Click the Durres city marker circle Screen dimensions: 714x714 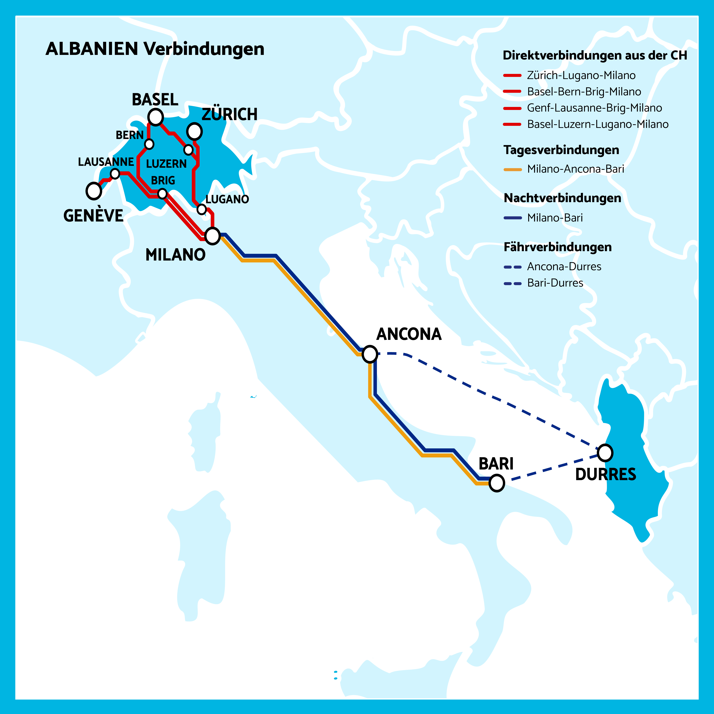pyautogui.click(x=605, y=453)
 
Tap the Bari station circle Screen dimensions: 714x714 pyautogui.click(x=497, y=483)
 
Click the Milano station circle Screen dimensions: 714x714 pyautogui.click(x=212, y=236)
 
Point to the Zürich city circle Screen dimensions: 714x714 pyautogui.click(x=194, y=131)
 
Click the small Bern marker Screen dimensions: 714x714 pyautogui.click(x=149, y=144)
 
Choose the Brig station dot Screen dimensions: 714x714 pyautogui.click(x=162, y=193)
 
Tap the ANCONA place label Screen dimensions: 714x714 pyautogui.click(x=409, y=334)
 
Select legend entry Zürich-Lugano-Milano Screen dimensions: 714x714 pyautogui.click(x=581, y=75)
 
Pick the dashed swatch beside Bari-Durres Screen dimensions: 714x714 pyautogui.click(x=513, y=283)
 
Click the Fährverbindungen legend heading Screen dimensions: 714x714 pyautogui.click(x=557, y=247)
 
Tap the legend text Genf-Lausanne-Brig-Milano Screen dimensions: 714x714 pyautogui.click(x=594, y=108)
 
